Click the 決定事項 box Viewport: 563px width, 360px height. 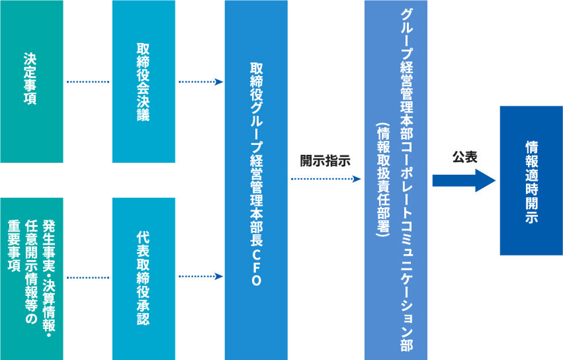click(x=32, y=81)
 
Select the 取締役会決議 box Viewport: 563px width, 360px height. click(x=144, y=81)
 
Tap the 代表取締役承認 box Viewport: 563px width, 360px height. click(x=144, y=278)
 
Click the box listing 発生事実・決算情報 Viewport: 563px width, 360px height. click(x=32, y=278)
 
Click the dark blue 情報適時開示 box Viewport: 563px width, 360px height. click(x=531, y=181)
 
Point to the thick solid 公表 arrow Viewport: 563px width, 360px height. click(x=464, y=180)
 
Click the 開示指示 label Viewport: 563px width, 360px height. click(x=325, y=160)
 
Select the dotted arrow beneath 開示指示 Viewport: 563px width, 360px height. click(x=325, y=179)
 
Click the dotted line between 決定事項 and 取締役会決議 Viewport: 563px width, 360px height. click(x=88, y=82)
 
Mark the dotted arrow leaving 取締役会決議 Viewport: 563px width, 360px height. click(x=200, y=82)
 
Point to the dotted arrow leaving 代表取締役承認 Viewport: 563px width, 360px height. click(x=200, y=277)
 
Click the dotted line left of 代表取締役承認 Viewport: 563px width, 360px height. click(x=88, y=277)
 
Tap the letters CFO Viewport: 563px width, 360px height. click(x=256, y=272)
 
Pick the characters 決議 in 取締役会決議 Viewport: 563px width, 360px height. click(x=144, y=110)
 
